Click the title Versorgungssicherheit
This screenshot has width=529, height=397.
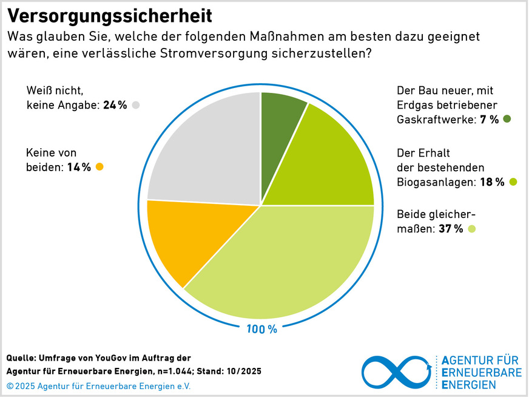click(x=110, y=15)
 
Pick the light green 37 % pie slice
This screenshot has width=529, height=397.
click(x=279, y=267)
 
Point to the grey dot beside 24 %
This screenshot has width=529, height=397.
click(x=136, y=105)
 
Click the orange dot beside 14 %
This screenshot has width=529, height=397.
click(x=100, y=167)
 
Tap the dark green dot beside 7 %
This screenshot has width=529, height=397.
click(x=507, y=120)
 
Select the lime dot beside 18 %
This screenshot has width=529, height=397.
click(x=513, y=182)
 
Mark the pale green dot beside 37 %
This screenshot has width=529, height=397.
click(x=472, y=229)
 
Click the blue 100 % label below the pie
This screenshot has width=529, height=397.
click(x=261, y=330)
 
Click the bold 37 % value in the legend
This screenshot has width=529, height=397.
click(x=450, y=229)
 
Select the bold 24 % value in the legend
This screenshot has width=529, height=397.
click(x=115, y=105)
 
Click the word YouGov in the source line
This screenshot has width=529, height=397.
click(x=113, y=358)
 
